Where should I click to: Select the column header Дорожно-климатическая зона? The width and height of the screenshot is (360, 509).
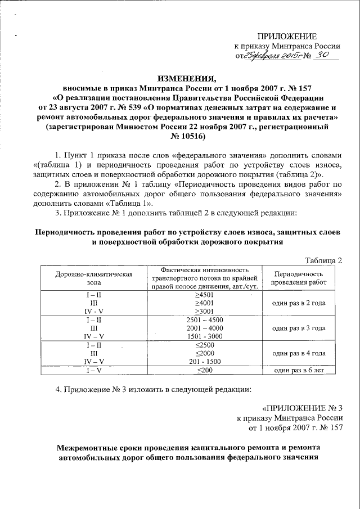[x=93, y=278]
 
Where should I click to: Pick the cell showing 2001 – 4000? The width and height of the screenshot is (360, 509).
[x=204, y=328]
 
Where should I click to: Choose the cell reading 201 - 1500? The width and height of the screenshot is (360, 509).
[x=204, y=362]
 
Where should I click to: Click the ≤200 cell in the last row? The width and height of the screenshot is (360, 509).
[x=204, y=370]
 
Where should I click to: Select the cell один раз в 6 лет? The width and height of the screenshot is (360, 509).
[x=298, y=370]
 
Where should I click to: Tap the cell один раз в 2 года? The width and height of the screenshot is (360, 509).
[x=298, y=303]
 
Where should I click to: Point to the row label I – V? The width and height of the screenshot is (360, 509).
[x=93, y=370]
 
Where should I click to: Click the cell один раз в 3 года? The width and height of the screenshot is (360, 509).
[x=298, y=328]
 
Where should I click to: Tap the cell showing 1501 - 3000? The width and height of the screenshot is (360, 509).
[x=204, y=336]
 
